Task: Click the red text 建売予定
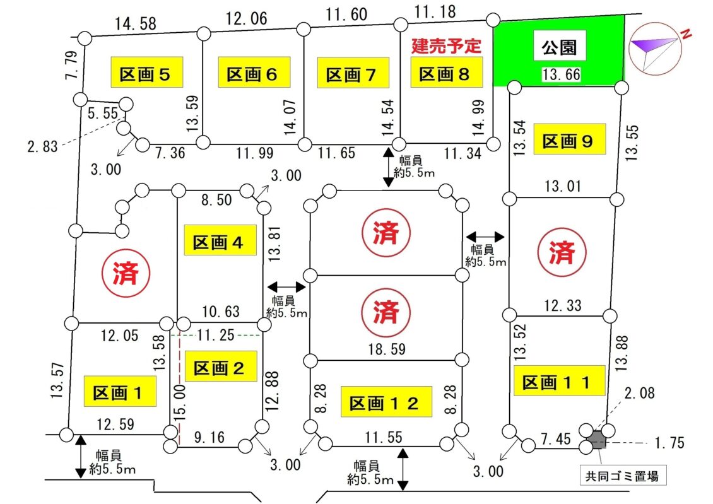point(446,45)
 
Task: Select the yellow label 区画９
point(569,141)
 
